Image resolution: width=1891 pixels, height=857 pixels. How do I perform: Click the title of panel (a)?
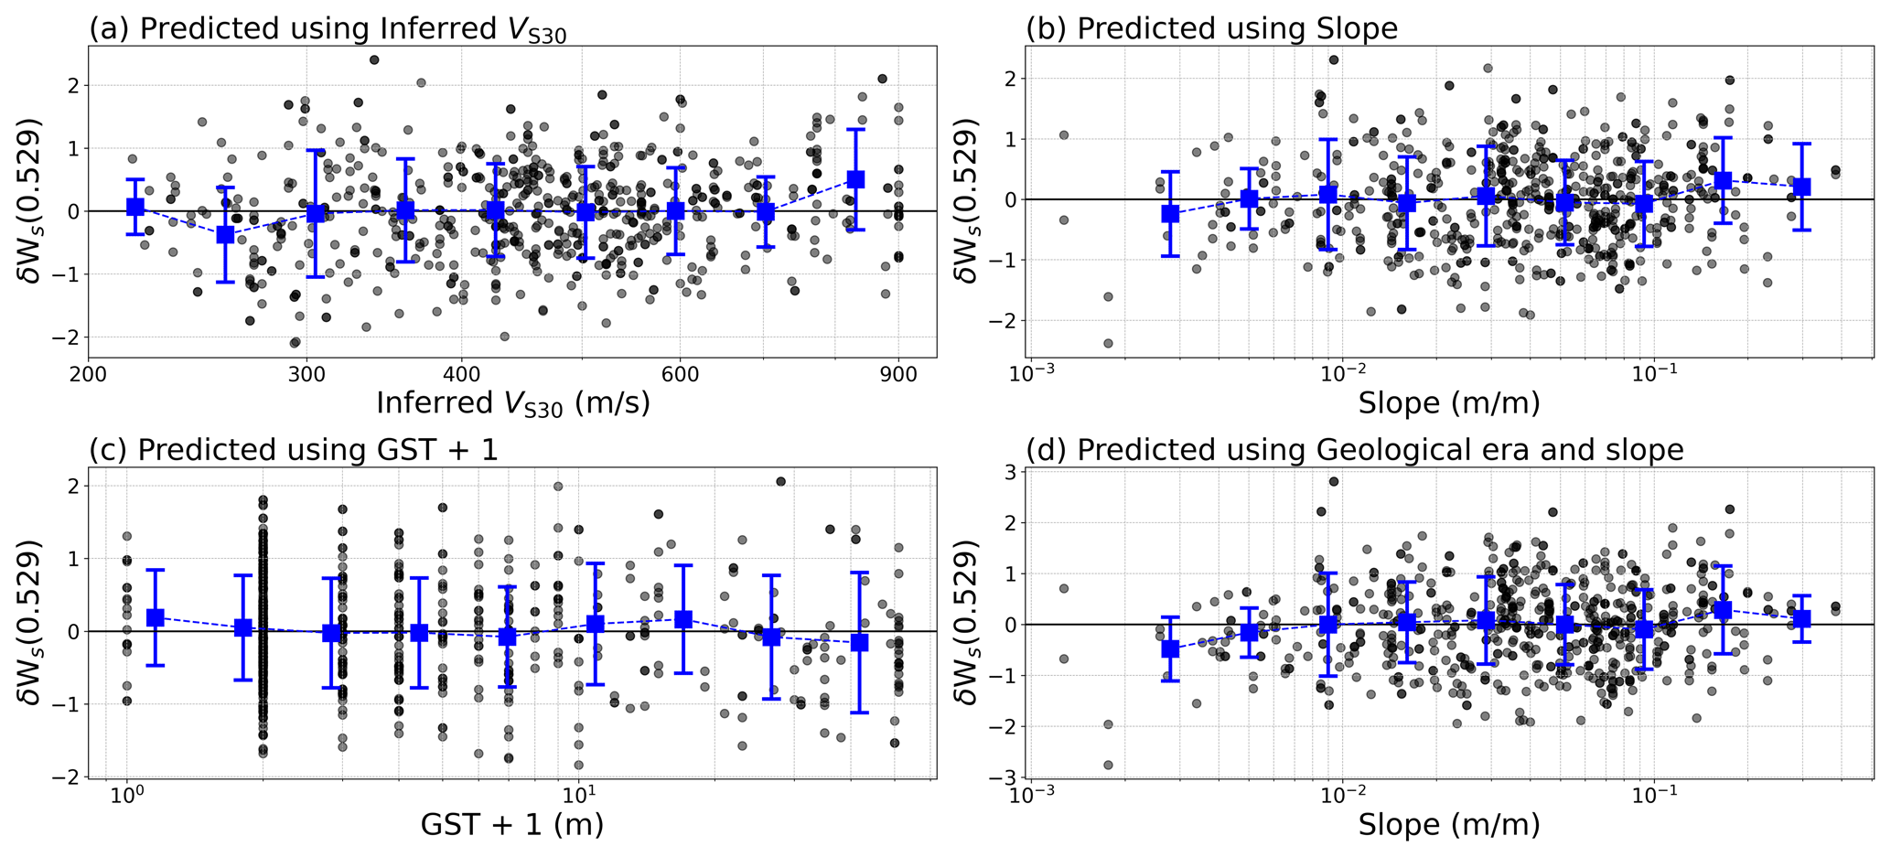pyautogui.click(x=328, y=29)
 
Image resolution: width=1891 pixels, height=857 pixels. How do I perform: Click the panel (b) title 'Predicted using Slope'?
pyautogui.click(x=1211, y=28)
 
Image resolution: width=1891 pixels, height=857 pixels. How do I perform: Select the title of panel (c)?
pyautogui.click(x=294, y=450)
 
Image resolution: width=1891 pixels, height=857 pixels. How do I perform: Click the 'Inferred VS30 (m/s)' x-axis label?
pyautogui.click(x=512, y=403)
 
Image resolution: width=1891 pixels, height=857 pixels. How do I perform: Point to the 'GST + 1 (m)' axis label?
pyautogui.click(x=511, y=825)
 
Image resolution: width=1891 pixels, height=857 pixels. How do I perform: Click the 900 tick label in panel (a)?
pyautogui.click(x=898, y=375)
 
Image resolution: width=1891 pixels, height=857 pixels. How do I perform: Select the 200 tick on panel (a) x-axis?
pyautogui.click(x=89, y=375)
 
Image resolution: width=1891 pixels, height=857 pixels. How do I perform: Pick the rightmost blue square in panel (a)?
pyautogui.click(x=855, y=179)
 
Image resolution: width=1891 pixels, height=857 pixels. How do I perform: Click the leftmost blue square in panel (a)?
pyautogui.click(x=135, y=207)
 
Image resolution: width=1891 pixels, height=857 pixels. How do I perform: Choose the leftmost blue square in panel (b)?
pyautogui.click(x=1170, y=213)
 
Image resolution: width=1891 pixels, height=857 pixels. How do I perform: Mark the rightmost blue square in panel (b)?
pyautogui.click(x=1801, y=187)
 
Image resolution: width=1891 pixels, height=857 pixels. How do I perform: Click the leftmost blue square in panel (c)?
pyautogui.click(x=156, y=617)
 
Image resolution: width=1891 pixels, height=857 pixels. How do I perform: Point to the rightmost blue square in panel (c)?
pyautogui.click(x=859, y=642)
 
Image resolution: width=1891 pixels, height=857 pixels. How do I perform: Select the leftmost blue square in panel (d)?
pyautogui.click(x=1170, y=648)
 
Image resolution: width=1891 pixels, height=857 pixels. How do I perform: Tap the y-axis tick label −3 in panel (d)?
pyautogui.click(x=1005, y=777)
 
